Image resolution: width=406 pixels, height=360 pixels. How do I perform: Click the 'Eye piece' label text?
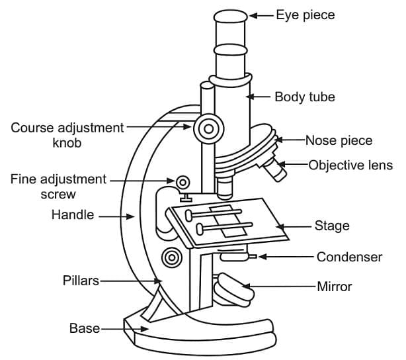point(305,15)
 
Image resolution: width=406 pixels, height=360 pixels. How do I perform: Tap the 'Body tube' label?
point(305,97)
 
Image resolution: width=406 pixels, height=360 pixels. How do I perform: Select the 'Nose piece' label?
point(339,140)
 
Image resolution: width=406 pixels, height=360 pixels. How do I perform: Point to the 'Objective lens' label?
point(350,165)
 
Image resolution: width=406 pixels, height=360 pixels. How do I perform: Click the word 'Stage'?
point(332,226)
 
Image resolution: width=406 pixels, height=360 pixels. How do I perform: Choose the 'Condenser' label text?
point(349,257)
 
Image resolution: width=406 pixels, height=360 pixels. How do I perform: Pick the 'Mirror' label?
point(335,287)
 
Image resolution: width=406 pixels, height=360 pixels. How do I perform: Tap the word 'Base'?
point(84,328)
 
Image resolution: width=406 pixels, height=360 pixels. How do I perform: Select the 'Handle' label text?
point(73,215)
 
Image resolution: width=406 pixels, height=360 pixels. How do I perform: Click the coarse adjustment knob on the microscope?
point(208,127)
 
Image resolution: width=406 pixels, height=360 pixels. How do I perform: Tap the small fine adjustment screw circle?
point(182,181)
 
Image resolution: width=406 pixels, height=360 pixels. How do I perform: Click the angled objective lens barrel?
point(274,170)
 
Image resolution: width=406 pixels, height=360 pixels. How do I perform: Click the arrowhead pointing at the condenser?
point(262,256)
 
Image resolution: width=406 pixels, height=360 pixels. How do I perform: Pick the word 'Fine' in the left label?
point(24,179)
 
